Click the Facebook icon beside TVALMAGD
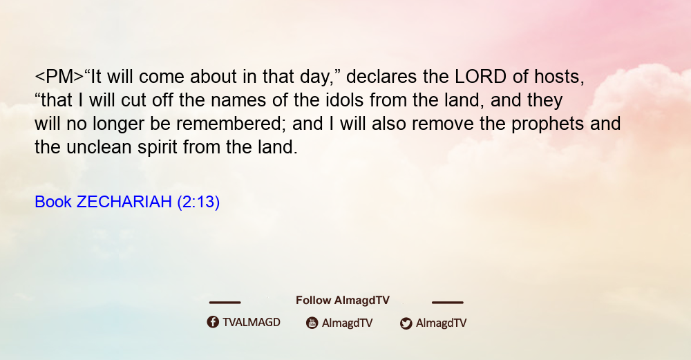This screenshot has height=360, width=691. pyautogui.click(x=213, y=322)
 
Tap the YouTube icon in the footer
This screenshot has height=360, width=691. pyautogui.click(x=312, y=323)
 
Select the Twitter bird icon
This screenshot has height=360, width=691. pyautogui.click(x=406, y=323)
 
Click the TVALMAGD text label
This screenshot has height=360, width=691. pyautogui.click(x=252, y=322)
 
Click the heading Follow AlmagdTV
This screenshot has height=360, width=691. pyautogui.click(x=343, y=300)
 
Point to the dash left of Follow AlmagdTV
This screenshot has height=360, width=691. pyautogui.click(x=225, y=302)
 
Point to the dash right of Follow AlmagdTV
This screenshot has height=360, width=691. pyautogui.click(x=447, y=302)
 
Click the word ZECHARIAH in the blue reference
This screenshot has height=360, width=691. pyautogui.click(x=124, y=202)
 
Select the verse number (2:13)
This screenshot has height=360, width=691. pyautogui.click(x=198, y=202)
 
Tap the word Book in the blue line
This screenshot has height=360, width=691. pyautogui.click(x=53, y=202)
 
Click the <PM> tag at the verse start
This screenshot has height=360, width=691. pyautogui.click(x=59, y=77)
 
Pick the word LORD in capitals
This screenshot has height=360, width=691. pyautogui.click(x=481, y=77)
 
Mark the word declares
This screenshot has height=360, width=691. pyautogui.click(x=381, y=77)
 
